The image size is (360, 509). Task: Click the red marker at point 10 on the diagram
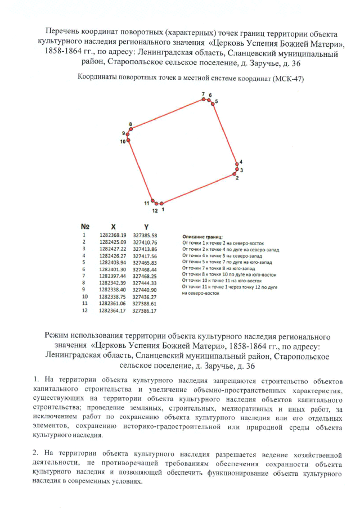129,141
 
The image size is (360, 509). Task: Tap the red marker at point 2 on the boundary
235,174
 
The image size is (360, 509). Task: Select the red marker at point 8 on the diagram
130,129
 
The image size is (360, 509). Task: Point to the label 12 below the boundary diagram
154,211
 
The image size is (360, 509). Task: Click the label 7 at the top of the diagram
203,94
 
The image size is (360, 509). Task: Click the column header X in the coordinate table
113,226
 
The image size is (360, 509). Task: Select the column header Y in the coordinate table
145,226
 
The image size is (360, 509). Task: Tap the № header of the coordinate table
85,226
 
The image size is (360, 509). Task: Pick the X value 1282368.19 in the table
113,235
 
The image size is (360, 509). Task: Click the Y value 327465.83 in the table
145,262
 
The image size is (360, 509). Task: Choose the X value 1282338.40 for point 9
113,289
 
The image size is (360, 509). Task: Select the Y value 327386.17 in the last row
145,310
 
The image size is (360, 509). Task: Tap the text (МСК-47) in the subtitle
288,79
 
